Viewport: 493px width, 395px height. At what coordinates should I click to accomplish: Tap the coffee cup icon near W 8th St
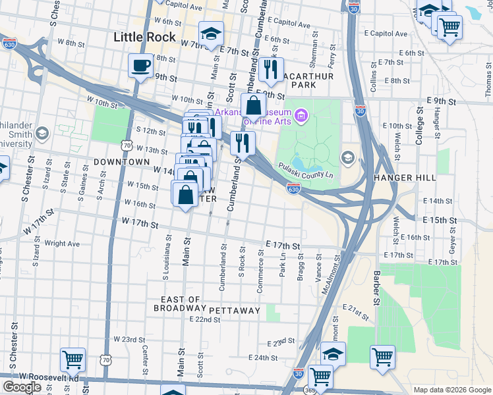pyautogui.click(x=141, y=66)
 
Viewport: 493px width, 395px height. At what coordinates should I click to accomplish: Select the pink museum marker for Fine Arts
pyautogui.click(x=302, y=117)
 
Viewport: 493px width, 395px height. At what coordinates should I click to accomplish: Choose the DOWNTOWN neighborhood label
pyautogui.click(x=122, y=161)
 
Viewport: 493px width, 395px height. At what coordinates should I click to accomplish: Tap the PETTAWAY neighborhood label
pyautogui.click(x=235, y=309)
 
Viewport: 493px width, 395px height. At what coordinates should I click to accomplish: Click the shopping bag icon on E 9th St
pyautogui.click(x=253, y=105)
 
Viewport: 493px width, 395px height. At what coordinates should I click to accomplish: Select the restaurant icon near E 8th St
pyautogui.click(x=270, y=69)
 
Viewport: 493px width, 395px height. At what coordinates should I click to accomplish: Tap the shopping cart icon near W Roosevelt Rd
pyautogui.click(x=72, y=359)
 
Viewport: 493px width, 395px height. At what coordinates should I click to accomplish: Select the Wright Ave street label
pyautogui.click(x=62, y=244)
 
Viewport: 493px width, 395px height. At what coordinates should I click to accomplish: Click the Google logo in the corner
pyautogui.click(x=21, y=387)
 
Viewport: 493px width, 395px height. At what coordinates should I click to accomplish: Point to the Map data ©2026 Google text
pyautogui.click(x=452, y=390)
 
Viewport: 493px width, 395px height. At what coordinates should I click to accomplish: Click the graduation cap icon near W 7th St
pyautogui.click(x=211, y=34)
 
